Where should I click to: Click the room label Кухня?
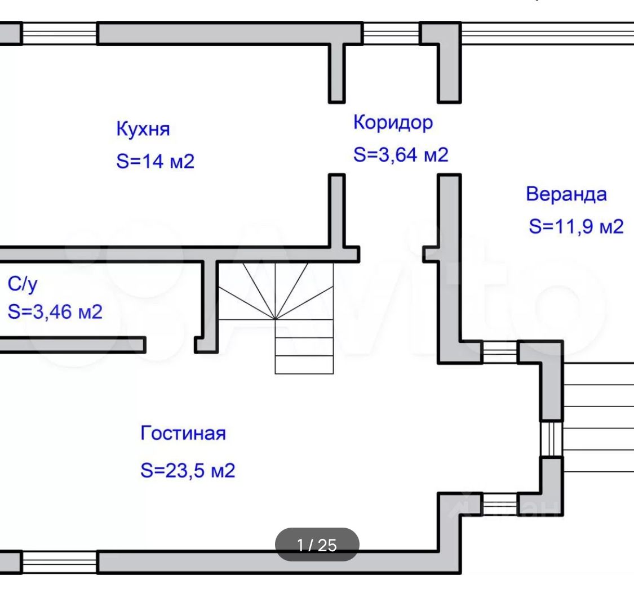[143, 129]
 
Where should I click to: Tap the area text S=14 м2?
[155, 162]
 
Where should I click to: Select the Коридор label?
[393, 122]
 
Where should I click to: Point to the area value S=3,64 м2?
[401, 154]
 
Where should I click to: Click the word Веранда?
[566, 194]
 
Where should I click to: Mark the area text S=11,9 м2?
[576, 227]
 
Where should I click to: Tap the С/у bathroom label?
[23, 284]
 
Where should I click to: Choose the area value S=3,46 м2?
[55, 311]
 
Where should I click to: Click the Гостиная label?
[183, 434]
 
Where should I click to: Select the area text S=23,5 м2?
[188, 470]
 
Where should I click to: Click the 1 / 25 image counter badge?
[317, 545]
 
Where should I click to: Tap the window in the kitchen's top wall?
[59, 34]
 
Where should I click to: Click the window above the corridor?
[391, 34]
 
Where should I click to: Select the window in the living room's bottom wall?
[59, 562]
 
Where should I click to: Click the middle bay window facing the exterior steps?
[552, 439]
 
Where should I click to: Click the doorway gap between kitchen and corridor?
[337, 139]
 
